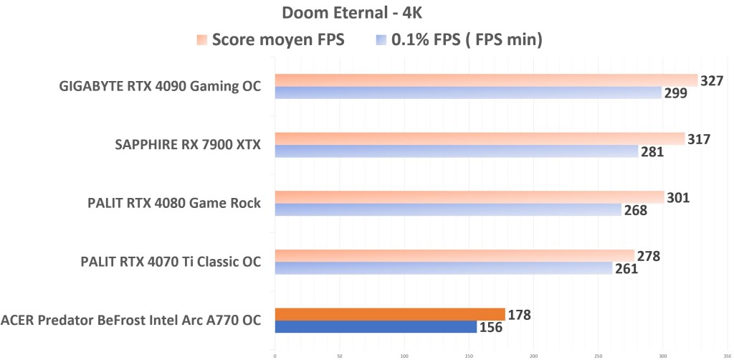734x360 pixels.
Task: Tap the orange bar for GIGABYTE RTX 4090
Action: click(486, 80)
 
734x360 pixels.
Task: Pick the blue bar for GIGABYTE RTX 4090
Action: click(468, 93)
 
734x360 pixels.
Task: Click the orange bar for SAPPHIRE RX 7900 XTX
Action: click(480, 138)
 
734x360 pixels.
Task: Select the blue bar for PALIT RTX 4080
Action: click(448, 209)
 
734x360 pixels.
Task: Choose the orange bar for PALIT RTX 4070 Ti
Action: click(454, 255)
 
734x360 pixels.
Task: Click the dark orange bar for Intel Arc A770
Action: click(390, 314)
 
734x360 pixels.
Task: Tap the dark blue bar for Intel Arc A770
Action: click(376, 327)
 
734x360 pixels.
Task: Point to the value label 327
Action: click(711, 80)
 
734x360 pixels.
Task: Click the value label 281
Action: click(652, 152)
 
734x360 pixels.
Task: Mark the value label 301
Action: click(677, 197)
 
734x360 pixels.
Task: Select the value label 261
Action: click(626, 269)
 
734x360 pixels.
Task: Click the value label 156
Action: click(491, 327)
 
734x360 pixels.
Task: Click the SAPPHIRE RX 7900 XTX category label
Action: click(188, 146)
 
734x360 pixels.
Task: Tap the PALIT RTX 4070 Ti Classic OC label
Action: click(171, 262)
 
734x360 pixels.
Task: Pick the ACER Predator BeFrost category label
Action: click(131, 321)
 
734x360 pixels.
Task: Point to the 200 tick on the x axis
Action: click(533, 354)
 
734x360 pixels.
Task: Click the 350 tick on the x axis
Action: click(727, 354)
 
